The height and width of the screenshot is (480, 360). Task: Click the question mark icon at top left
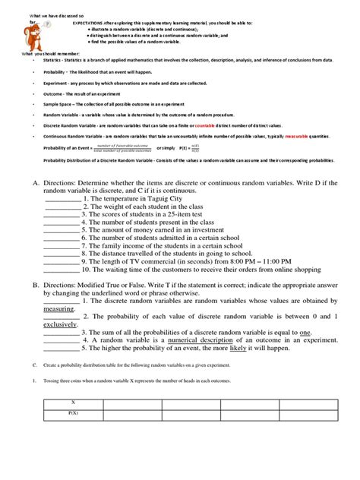coord(48,23)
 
